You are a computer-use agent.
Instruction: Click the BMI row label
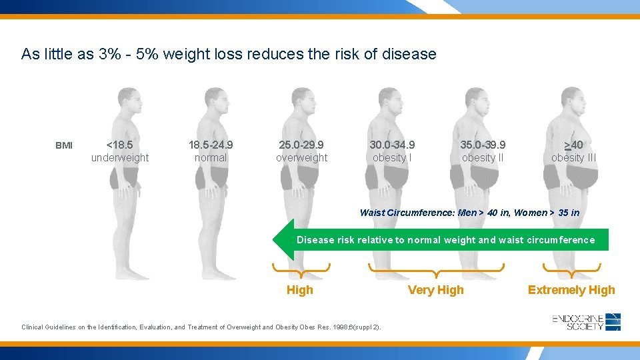pos(64,146)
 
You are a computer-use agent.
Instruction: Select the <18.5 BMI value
pos(120,145)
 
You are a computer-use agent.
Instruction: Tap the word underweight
pos(120,158)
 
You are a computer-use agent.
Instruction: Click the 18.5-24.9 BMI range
pos(211,145)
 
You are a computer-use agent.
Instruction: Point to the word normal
pos(211,158)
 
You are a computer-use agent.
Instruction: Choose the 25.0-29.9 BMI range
pos(302,145)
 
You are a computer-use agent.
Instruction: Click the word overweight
pos(302,158)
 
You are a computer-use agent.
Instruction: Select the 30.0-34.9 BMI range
pos(392,145)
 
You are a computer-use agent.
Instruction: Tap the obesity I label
pos(392,158)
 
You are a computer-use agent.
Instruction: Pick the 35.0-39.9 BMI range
pos(483,145)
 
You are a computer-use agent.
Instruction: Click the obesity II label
pos(483,158)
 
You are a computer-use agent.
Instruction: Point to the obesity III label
pos(573,158)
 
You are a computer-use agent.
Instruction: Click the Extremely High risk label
pos(571,290)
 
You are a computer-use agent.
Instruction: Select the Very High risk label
pos(436,290)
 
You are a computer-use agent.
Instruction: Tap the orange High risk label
pos(299,290)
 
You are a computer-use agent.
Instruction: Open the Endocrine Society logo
pos(587,322)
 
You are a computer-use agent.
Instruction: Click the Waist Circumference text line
pos(469,213)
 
